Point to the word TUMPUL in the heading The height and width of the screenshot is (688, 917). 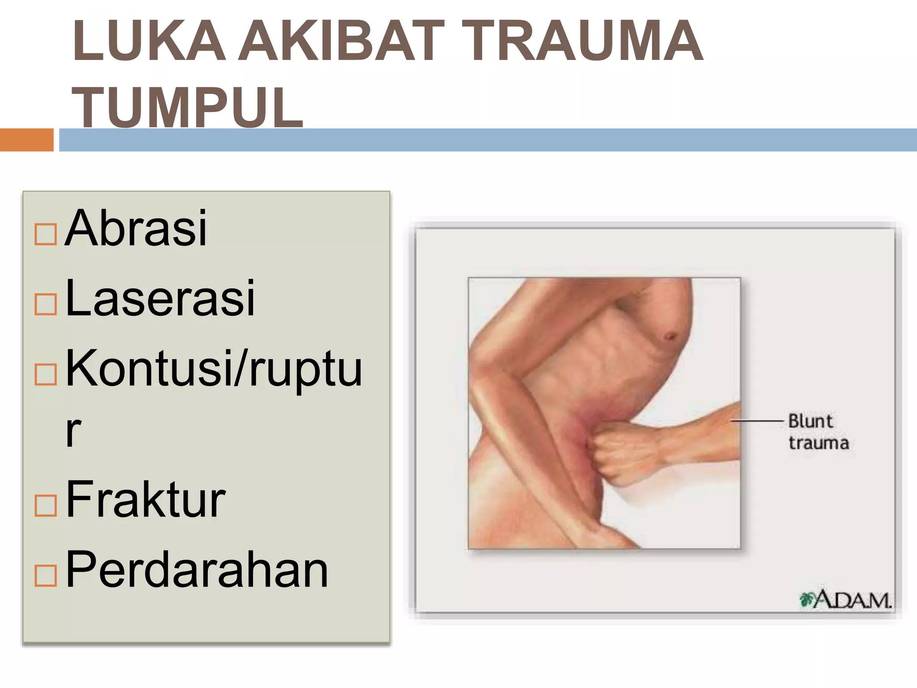coord(188,107)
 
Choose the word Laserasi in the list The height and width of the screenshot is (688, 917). coord(160,298)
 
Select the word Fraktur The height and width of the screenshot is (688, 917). coord(146,499)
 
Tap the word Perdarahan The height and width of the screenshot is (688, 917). coord(197,570)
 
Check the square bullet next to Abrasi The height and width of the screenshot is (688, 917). coord(46,234)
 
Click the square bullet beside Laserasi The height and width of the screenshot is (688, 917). coord(46,305)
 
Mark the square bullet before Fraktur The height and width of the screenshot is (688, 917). coord(46,506)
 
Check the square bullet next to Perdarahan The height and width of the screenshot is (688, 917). coord(46,576)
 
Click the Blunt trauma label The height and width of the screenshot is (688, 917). coord(818,432)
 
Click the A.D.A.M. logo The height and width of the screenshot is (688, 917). coord(845,600)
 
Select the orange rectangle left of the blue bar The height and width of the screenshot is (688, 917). coord(27,140)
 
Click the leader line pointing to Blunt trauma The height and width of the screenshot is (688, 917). coord(757,421)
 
